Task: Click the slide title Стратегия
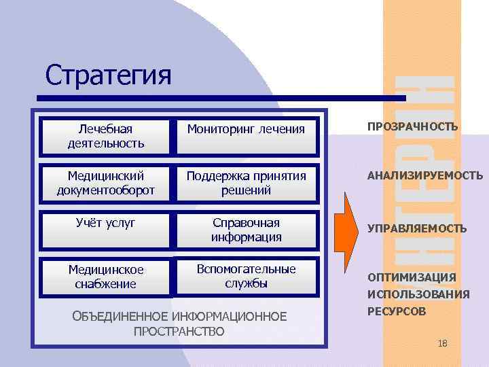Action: (108, 75)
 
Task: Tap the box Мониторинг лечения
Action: (246, 129)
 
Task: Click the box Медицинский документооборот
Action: (105, 183)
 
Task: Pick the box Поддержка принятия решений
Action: (246, 183)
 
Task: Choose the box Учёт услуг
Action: (105, 229)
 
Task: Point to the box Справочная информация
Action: (246, 230)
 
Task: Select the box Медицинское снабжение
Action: (105, 277)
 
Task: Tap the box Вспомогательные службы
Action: (246, 275)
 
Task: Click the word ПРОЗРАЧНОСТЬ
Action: (412, 126)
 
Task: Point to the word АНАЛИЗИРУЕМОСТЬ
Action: (425, 175)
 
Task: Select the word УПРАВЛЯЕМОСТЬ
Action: (417, 229)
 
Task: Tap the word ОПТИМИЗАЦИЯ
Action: (412, 277)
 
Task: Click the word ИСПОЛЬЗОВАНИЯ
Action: (418, 294)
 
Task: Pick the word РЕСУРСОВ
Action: (397, 311)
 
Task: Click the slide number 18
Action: (443, 344)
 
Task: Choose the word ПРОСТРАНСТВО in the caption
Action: (179, 332)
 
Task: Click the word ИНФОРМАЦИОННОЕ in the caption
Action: (230, 317)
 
